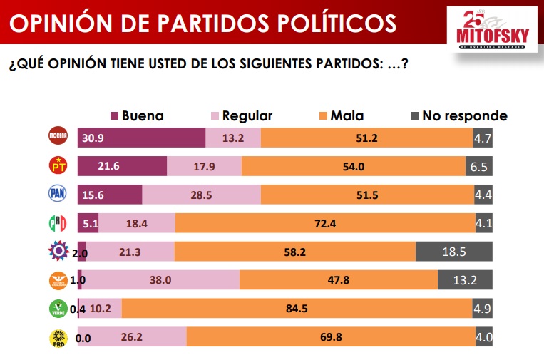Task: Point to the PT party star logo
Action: pyautogui.click(x=57, y=165)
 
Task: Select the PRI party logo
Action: pyautogui.click(x=57, y=223)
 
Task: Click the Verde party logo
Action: pyautogui.click(x=57, y=309)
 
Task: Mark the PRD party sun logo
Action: pyautogui.click(x=57, y=337)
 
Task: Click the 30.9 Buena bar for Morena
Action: pyautogui.click(x=141, y=138)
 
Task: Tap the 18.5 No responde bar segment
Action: pyautogui.click(x=453, y=252)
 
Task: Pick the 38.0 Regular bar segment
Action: pyautogui.click(x=160, y=280)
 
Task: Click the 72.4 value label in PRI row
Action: pyautogui.click(x=325, y=223)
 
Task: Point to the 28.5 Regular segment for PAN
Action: pyautogui.click(x=201, y=194)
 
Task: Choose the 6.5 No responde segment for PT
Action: pyautogui.click(x=481, y=165)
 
